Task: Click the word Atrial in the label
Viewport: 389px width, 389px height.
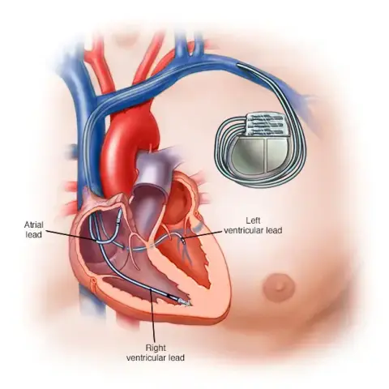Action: coord(34,224)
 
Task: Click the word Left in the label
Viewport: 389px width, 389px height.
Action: coord(253,220)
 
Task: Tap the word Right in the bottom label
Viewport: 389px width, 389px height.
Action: coord(156,348)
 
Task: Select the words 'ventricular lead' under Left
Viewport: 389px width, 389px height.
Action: coord(253,230)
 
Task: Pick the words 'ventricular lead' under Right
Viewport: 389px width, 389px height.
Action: coord(156,357)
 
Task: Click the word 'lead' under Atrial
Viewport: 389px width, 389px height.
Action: coord(34,234)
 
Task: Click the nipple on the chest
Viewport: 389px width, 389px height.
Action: coord(279,287)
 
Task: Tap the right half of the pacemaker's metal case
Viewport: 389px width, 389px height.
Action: coord(278,154)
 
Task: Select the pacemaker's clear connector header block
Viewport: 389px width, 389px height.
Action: coord(265,124)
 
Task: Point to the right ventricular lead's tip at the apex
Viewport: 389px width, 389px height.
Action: coord(186,303)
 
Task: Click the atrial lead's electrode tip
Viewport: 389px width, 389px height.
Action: coord(119,217)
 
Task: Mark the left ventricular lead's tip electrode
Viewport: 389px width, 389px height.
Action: coord(184,241)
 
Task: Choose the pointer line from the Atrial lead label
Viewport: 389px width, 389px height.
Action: coord(71,236)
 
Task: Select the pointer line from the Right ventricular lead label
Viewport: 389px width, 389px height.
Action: coord(152,315)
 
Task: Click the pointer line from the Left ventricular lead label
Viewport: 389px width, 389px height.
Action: coord(203,235)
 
